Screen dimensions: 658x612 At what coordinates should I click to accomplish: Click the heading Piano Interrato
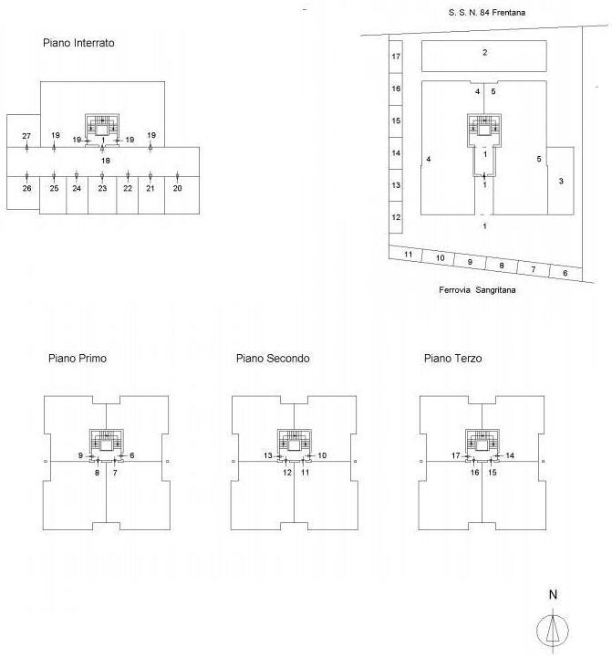coord(78,43)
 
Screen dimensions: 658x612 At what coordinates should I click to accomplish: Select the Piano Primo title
coord(78,359)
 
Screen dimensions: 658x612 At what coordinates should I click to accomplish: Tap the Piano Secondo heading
coord(273,359)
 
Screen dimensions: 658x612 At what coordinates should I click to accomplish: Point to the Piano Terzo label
coord(453,359)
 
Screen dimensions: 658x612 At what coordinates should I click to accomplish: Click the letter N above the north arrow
coord(553,595)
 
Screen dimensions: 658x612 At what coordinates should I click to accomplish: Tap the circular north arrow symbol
coord(553,629)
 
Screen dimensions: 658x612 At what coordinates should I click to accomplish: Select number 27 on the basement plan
coord(26,136)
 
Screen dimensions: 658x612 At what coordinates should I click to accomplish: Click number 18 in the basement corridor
coord(106,160)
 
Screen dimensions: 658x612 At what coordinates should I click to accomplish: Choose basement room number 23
coord(102,188)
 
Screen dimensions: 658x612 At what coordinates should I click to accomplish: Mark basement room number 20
coord(177,188)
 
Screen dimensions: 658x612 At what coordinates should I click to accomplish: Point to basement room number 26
coord(26,188)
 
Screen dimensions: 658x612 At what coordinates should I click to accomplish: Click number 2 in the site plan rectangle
coord(485,52)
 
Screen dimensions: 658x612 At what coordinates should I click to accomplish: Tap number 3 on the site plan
coord(561,181)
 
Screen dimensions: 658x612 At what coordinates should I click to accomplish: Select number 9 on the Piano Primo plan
coord(80,454)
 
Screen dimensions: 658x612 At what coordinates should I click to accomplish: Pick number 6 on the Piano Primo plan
coord(132,454)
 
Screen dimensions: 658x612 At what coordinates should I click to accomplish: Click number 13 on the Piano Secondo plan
coord(268,454)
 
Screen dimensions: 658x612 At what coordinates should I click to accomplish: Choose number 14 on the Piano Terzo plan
coord(510,454)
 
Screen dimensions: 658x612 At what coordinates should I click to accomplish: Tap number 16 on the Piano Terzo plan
coord(474,473)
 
